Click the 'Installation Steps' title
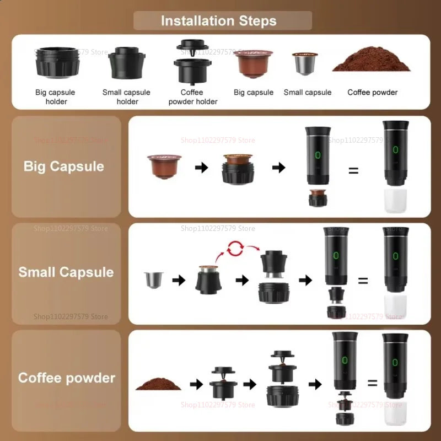pyautogui.click(x=219, y=21)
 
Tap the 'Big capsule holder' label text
pyautogui.click(x=55, y=97)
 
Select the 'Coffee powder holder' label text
pyautogui.click(x=192, y=97)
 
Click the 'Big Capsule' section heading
pyautogui.click(x=64, y=166)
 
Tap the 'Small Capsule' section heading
pyautogui.click(x=66, y=272)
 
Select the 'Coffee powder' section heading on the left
pyautogui.click(x=67, y=378)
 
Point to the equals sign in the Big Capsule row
pyautogui.click(x=353, y=170)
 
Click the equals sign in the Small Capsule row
pyautogui.click(x=363, y=281)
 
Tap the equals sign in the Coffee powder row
pyautogui.click(x=373, y=383)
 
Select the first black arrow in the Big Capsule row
pyautogui.click(x=202, y=168)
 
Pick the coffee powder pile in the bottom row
pyautogui.click(x=158, y=383)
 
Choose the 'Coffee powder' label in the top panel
pyautogui.click(x=372, y=93)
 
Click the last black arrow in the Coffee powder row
pyautogui.click(x=315, y=384)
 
